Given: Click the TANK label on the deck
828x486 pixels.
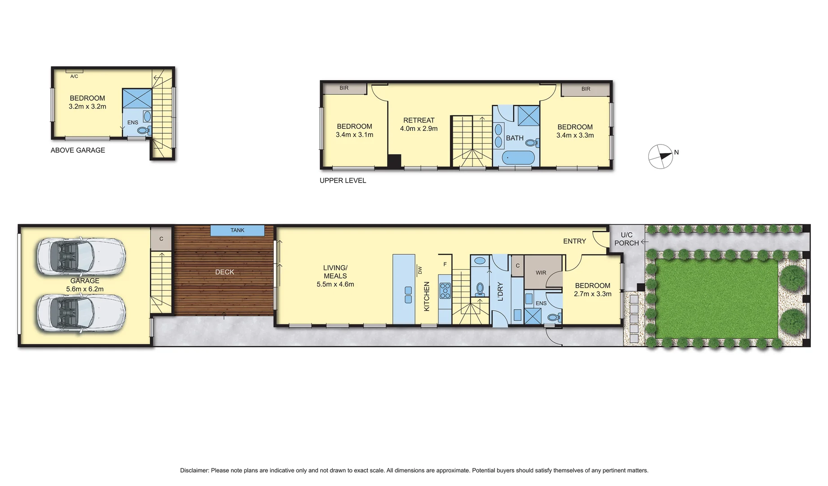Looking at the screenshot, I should click(237, 230).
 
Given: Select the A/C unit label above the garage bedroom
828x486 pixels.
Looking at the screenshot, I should click(74, 76).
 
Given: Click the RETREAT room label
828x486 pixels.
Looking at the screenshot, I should click(418, 120).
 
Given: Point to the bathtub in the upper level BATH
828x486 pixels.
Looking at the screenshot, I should click(518, 157).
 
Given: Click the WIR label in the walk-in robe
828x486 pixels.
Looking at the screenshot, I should click(541, 273).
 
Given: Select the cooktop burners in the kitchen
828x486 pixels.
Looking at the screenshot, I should click(445, 290).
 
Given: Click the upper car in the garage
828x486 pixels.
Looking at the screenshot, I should click(81, 256).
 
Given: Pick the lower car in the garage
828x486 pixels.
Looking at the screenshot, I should click(81, 313).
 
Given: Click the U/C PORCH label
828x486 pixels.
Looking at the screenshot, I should click(627, 239).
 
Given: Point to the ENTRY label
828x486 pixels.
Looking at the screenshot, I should click(574, 241).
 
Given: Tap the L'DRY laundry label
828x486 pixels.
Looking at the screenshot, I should click(500, 291).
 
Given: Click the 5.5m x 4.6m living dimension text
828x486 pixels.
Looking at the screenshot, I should click(335, 284).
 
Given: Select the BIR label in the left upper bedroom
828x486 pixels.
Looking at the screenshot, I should click(344, 88).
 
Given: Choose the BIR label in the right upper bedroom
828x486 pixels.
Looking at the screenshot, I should click(586, 89).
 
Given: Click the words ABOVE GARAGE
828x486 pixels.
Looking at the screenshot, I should click(78, 150).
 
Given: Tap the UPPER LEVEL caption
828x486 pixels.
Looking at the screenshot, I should click(343, 180).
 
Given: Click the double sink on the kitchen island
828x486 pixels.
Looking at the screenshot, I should click(408, 295).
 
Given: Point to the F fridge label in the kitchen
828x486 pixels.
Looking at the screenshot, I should click(445, 265).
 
